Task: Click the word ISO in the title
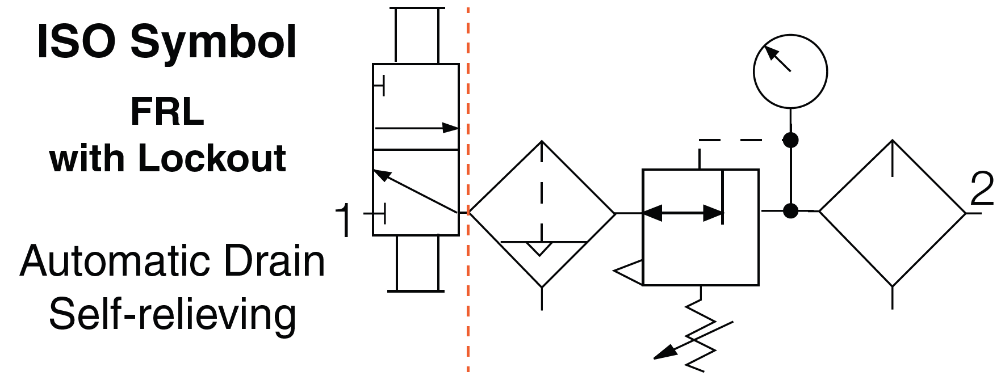[x=76, y=42]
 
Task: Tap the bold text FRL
[x=167, y=112]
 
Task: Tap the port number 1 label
[x=344, y=220]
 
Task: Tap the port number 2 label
[x=982, y=189]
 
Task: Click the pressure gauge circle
[x=790, y=71]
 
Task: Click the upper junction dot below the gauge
[x=790, y=140]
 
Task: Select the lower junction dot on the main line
[x=790, y=211]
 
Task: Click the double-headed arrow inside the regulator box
[x=683, y=213]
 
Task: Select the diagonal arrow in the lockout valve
[x=416, y=192]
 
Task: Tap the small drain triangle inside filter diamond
[x=539, y=248]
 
